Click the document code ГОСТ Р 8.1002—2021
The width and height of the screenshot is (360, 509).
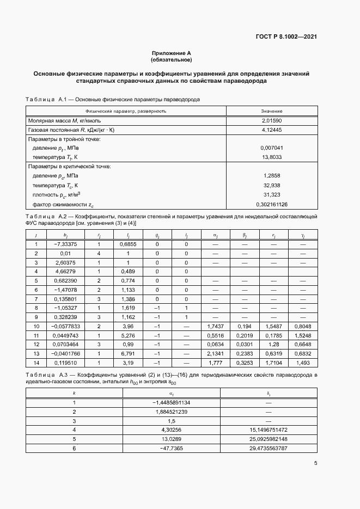click(286, 37)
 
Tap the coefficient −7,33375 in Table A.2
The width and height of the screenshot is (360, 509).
click(65, 244)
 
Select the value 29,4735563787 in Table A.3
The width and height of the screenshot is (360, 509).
click(269, 448)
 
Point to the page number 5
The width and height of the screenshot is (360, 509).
click(316, 464)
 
